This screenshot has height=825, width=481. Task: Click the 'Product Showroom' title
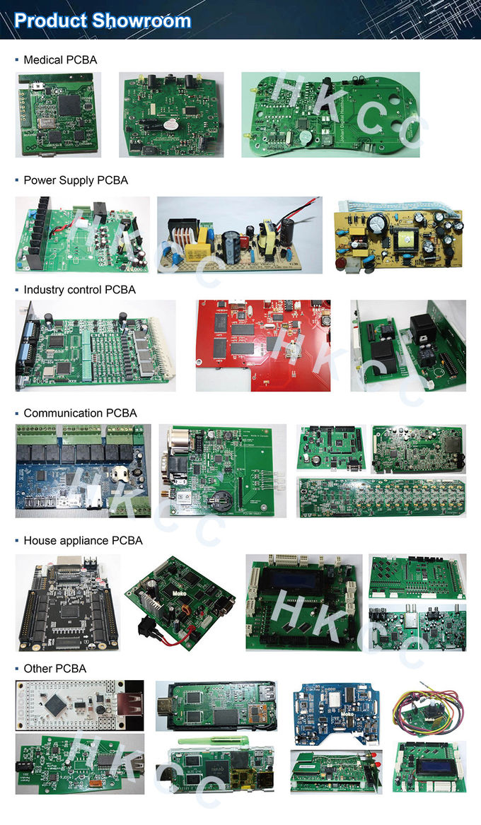(x=103, y=21)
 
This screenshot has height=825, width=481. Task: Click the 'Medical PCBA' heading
(x=60, y=60)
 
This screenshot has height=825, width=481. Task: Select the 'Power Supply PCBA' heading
(x=76, y=180)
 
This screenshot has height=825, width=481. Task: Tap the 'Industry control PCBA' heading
(x=79, y=290)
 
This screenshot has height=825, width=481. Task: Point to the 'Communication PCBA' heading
(x=80, y=413)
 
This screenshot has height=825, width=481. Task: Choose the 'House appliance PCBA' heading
(x=83, y=540)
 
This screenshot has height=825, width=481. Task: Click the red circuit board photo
(x=262, y=346)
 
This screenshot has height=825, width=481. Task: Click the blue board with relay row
(x=83, y=467)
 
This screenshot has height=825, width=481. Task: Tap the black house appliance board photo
(x=67, y=602)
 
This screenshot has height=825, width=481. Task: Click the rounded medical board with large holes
(x=330, y=115)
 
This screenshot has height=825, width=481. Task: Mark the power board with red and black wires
(x=239, y=235)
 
